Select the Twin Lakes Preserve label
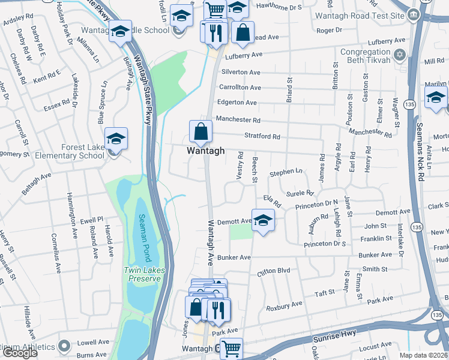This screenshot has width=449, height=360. [143, 274]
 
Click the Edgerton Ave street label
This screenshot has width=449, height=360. [237, 103]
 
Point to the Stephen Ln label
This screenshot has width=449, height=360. [286, 173]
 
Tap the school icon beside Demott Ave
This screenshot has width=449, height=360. [263, 220]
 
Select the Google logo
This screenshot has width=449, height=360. [20, 353]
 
